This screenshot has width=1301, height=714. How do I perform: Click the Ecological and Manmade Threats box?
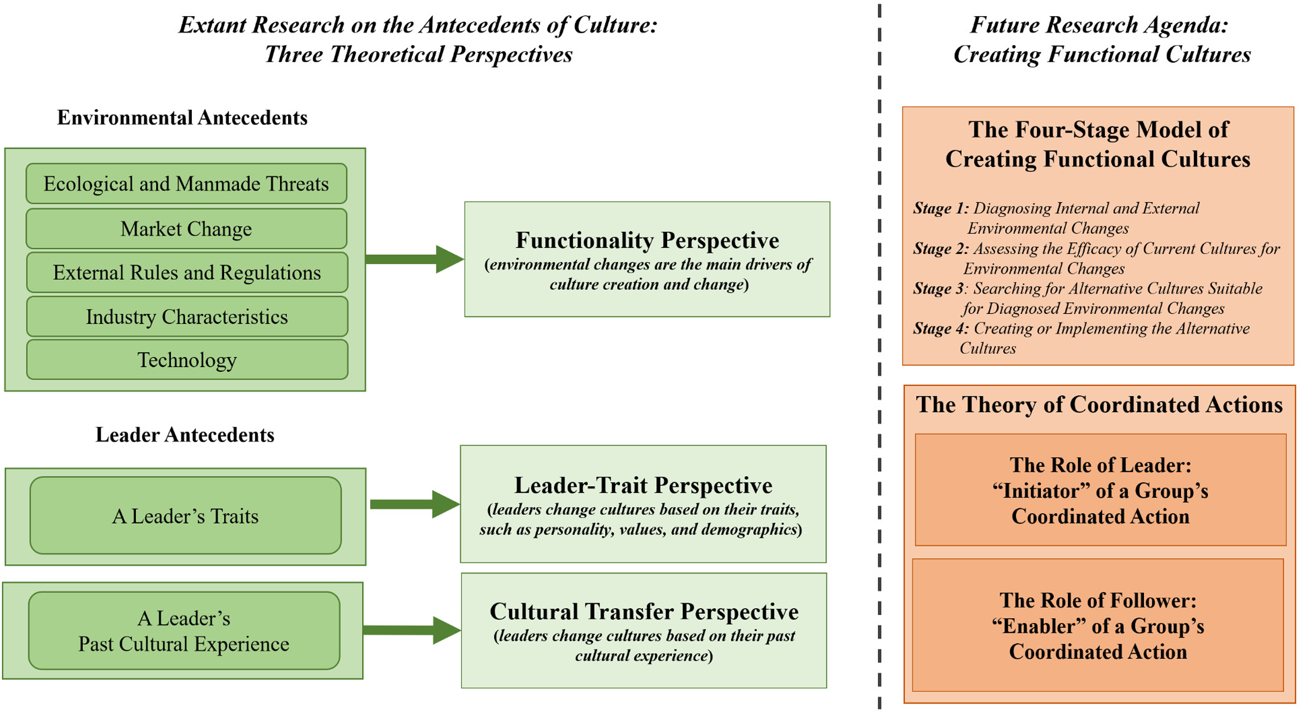[186, 183]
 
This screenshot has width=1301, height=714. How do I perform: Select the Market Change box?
[186, 228]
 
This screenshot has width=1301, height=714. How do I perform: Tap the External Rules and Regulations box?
[187, 272]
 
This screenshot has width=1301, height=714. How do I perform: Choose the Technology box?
[187, 360]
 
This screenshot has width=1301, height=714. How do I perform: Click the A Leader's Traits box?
[185, 516]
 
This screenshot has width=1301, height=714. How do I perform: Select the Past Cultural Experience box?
[184, 631]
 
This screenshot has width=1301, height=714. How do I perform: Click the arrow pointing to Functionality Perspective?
[414, 259]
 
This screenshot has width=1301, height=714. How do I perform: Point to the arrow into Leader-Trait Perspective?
[414, 504]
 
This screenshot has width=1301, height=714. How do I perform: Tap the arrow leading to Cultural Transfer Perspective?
[412, 630]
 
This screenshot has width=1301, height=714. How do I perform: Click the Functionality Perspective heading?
[647, 240]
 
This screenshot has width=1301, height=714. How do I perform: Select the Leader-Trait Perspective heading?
[643, 485]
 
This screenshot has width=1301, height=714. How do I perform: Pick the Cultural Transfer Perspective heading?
[644, 611]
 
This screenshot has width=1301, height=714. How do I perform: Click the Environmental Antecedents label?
[182, 118]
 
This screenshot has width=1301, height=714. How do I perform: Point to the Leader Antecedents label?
[185, 435]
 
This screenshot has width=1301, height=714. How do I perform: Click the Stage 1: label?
[941, 209]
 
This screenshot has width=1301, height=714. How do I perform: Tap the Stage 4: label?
[941, 329]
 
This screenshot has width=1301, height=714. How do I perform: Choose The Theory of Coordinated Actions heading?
[1099, 405]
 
